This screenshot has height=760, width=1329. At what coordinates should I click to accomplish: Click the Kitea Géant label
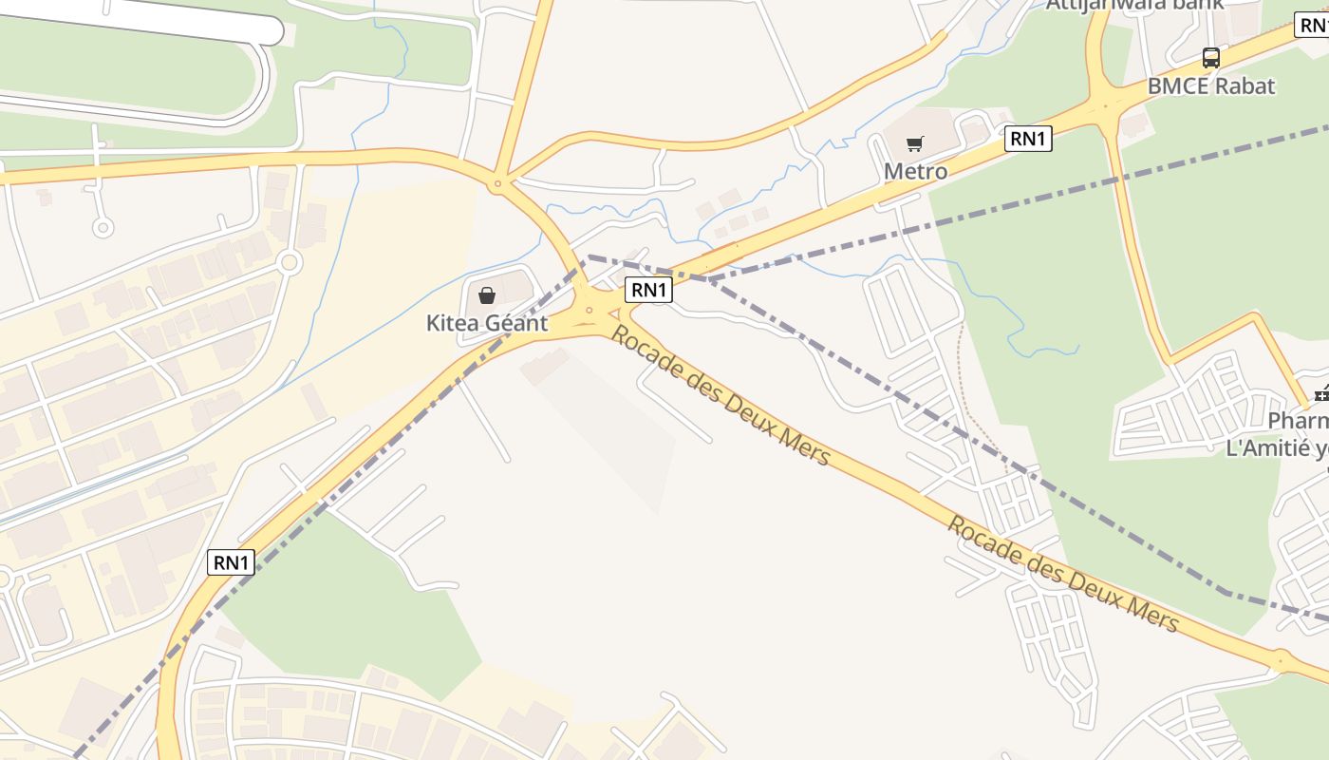487,323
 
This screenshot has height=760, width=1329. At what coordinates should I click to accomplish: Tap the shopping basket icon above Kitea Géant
487,295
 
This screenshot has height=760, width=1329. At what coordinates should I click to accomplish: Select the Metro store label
915,171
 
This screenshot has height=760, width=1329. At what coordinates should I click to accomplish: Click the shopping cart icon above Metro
914,144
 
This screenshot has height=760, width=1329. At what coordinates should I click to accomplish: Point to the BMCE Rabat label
1211,85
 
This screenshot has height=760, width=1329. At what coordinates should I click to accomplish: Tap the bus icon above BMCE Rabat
1211,58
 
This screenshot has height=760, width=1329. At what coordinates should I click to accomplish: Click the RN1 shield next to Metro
1029,139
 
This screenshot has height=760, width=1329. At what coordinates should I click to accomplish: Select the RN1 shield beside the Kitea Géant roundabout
648,290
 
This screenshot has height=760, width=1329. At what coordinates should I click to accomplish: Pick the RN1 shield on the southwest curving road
231,562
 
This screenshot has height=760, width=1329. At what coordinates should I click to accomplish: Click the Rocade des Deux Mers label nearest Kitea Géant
721,396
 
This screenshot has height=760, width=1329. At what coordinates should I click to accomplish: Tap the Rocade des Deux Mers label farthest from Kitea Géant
1063,575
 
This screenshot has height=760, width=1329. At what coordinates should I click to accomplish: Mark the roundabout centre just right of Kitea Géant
590,311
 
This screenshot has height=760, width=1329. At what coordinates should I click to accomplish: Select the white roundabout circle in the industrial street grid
290,262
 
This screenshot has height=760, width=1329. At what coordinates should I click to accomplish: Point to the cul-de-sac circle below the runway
103,227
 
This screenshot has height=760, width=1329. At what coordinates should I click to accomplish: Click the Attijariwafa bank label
1134,5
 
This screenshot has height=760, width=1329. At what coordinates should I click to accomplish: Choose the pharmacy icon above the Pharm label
1320,393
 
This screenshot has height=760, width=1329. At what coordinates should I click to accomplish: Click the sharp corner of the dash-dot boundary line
589,256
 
